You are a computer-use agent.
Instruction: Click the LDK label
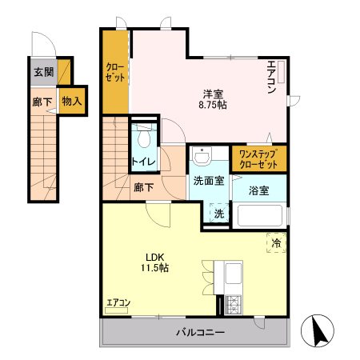(x=154, y=257)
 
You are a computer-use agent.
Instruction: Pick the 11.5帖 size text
(x=154, y=269)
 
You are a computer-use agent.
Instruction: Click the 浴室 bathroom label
(x=258, y=190)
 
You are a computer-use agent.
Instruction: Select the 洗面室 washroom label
(x=209, y=181)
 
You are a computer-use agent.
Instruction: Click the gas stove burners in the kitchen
(x=235, y=304)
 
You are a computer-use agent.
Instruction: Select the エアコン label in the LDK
(x=118, y=302)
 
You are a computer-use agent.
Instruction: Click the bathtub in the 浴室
(x=258, y=217)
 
